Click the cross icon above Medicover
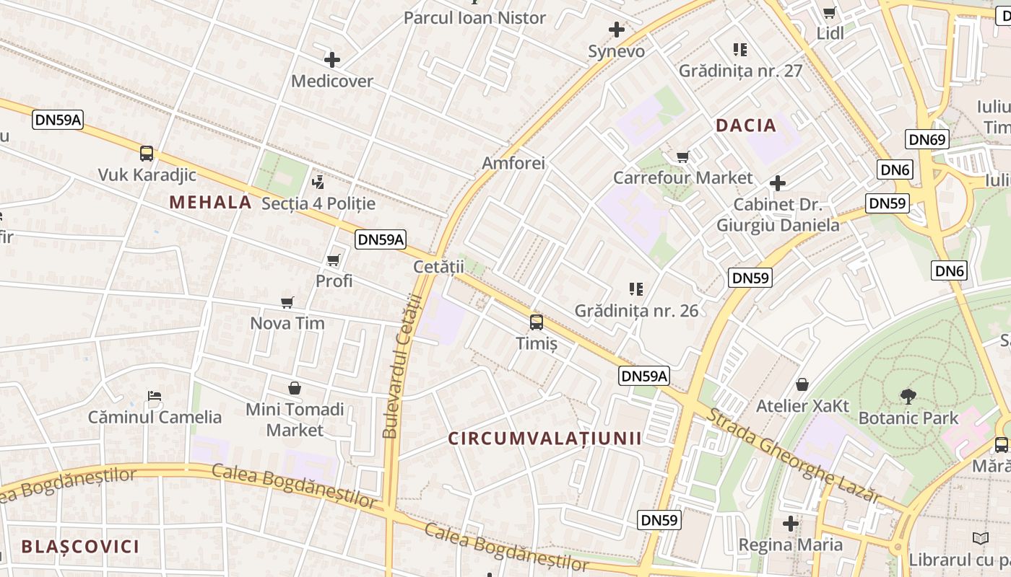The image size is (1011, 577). [332, 60]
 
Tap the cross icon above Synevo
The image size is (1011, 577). [616, 30]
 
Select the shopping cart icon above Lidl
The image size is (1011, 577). [830, 12]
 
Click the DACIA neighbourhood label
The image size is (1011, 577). [746, 125]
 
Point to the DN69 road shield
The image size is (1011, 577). [927, 139]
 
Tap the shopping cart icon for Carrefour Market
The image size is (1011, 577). [682, 157]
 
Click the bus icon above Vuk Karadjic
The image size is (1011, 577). [147, 153]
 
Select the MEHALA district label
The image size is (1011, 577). [211, 203]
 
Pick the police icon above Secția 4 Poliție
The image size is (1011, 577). [318, 182]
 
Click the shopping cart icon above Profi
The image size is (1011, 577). [334, 259]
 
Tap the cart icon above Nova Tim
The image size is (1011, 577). [287, 302]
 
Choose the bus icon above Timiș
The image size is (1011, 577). [536, 322]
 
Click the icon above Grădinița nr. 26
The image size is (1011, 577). [636, 289]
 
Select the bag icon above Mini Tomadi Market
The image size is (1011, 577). [295, 388]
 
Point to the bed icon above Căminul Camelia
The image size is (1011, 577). [155, 395]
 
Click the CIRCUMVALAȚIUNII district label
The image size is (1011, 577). [544, 438]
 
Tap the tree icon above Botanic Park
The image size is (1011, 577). [908, 395]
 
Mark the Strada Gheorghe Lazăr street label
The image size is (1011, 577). [792, 456]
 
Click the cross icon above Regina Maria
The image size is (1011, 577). [791, 523]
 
